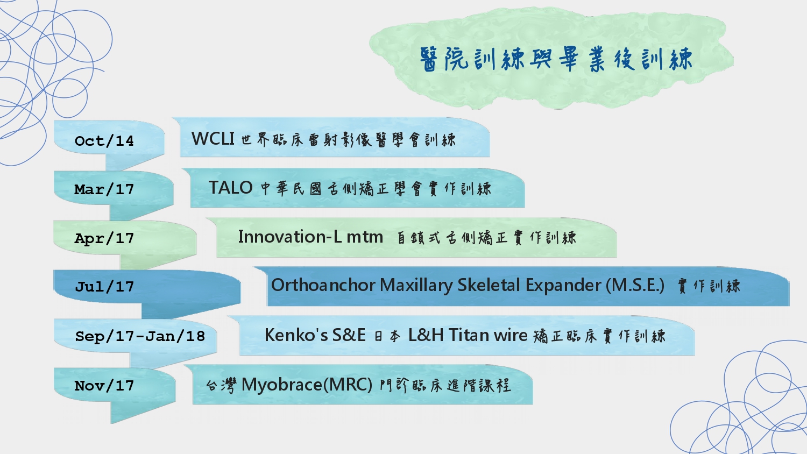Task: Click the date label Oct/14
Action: [104, 140]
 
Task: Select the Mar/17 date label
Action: [104, 189]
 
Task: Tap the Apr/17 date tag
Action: [104, 238]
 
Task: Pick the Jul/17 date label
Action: [104, 287]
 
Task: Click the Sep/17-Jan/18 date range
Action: [140, 336]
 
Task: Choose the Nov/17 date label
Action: [104, 386]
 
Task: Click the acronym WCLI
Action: [213, 138]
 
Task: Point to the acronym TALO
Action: [231, 187]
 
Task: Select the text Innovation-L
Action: [289, 237]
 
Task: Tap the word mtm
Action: [365, 237]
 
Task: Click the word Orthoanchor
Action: [323, 285]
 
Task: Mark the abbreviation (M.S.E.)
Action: [635, 286]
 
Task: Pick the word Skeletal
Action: [489, 285]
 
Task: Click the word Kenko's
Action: [296, 335]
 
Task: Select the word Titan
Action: [469, 335]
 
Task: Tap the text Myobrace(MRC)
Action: [307, 385]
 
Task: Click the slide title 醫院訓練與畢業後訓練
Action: [556, 59]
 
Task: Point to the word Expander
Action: [563, 286]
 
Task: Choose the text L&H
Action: [426, 335]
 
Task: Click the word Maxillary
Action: [416, 286]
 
